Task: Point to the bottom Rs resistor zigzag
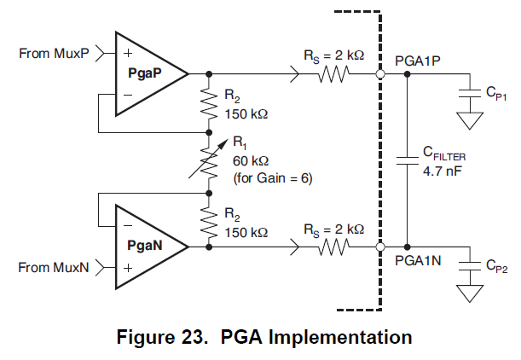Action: pyautogui.click(x=333, y=247)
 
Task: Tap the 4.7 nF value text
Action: pyautogui.click(x=443, y=170)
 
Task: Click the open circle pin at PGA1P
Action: pyautogui.click(x=379, y=75)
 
